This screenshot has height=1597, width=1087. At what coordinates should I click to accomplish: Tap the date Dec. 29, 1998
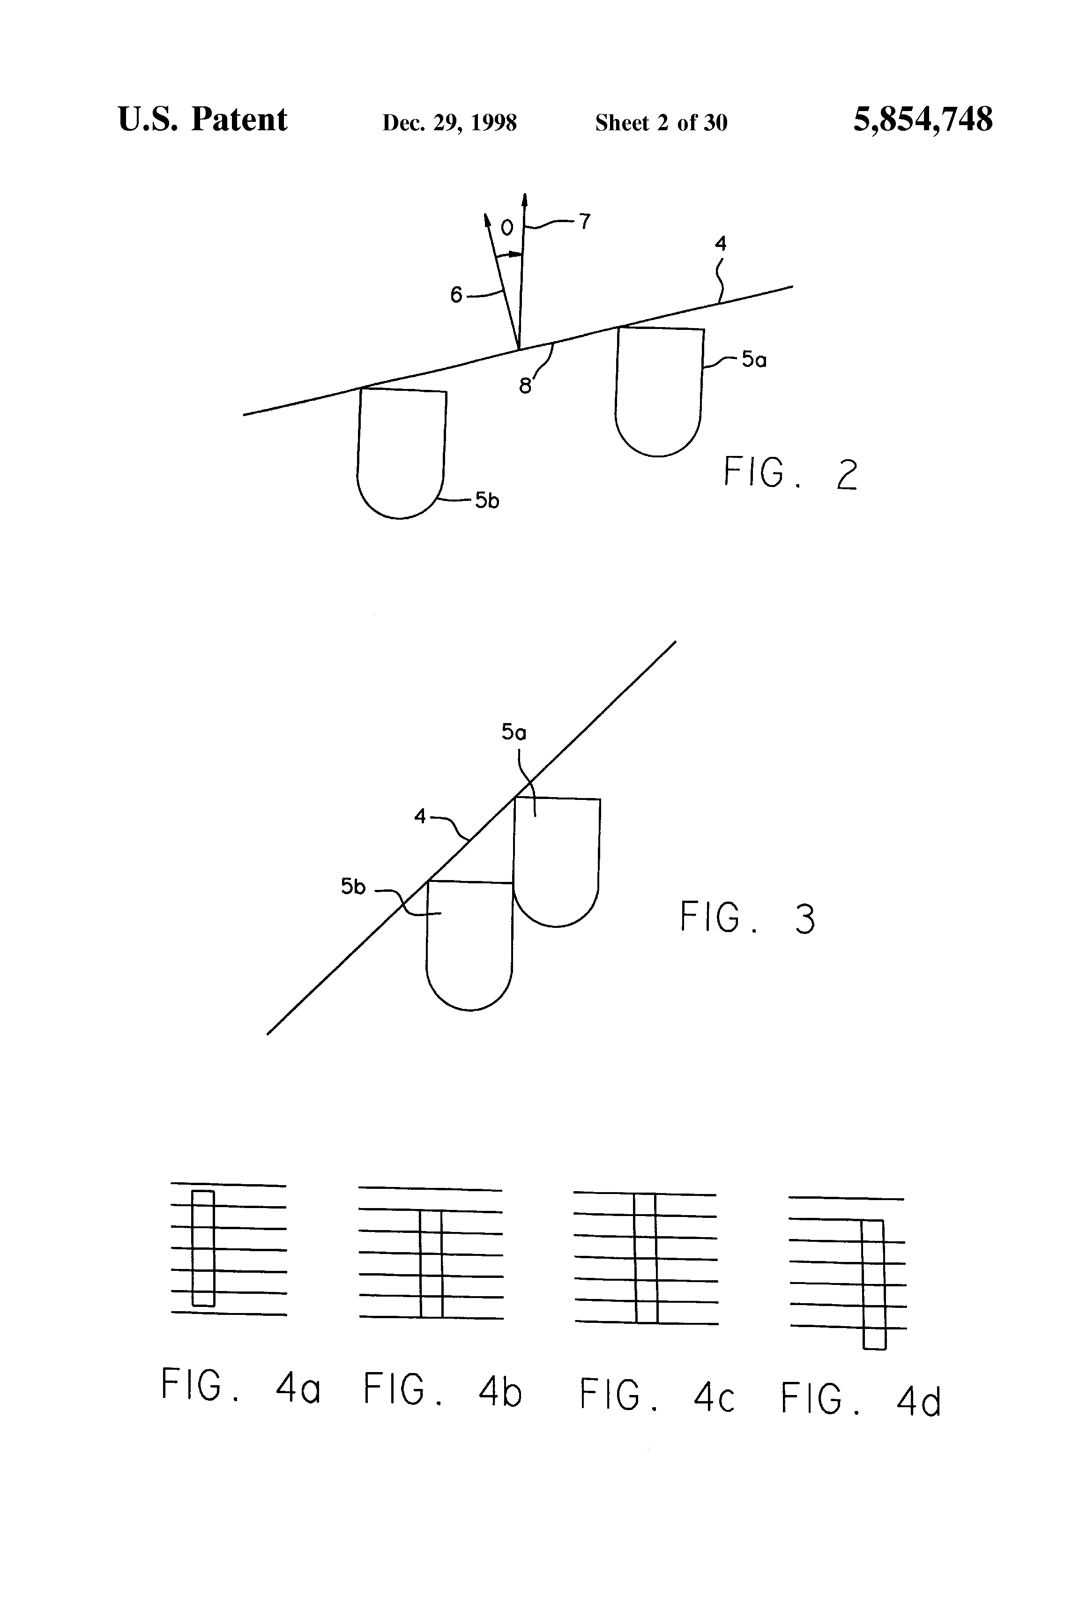coord(449,123)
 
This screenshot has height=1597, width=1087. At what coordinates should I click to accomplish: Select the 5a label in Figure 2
coord(754,359)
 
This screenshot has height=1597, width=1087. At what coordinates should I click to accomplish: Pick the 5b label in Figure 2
coord(487,501)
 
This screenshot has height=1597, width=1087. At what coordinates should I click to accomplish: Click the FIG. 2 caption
coord(790,474)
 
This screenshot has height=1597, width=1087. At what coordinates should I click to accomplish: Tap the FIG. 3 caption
coord(747,918)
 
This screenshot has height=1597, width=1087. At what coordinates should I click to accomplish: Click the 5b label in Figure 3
coord(353,887)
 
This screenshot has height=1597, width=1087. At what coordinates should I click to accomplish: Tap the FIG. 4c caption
coord(657,1396)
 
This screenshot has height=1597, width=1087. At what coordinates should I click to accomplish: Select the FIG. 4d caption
coord(860,1400)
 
